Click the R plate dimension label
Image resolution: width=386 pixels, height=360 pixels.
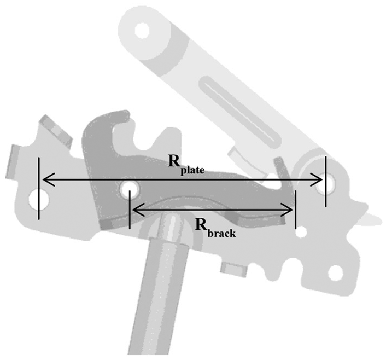click(x=186, y=165)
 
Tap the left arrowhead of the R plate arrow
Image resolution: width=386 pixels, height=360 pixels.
click(x=49, y=179)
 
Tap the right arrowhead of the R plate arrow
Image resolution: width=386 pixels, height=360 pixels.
click(x=316, y=179)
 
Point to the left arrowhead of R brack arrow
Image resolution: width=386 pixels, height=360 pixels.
click(x=138, y=210)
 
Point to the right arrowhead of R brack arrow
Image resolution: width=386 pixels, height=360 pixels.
click(x=287, y=210)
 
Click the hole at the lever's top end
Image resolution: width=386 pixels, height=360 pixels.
click(x=142, y=31)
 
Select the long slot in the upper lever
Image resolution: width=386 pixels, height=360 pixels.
click(x=239, y=113)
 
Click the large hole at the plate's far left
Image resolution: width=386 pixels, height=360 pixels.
click(x=39, y=199)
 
